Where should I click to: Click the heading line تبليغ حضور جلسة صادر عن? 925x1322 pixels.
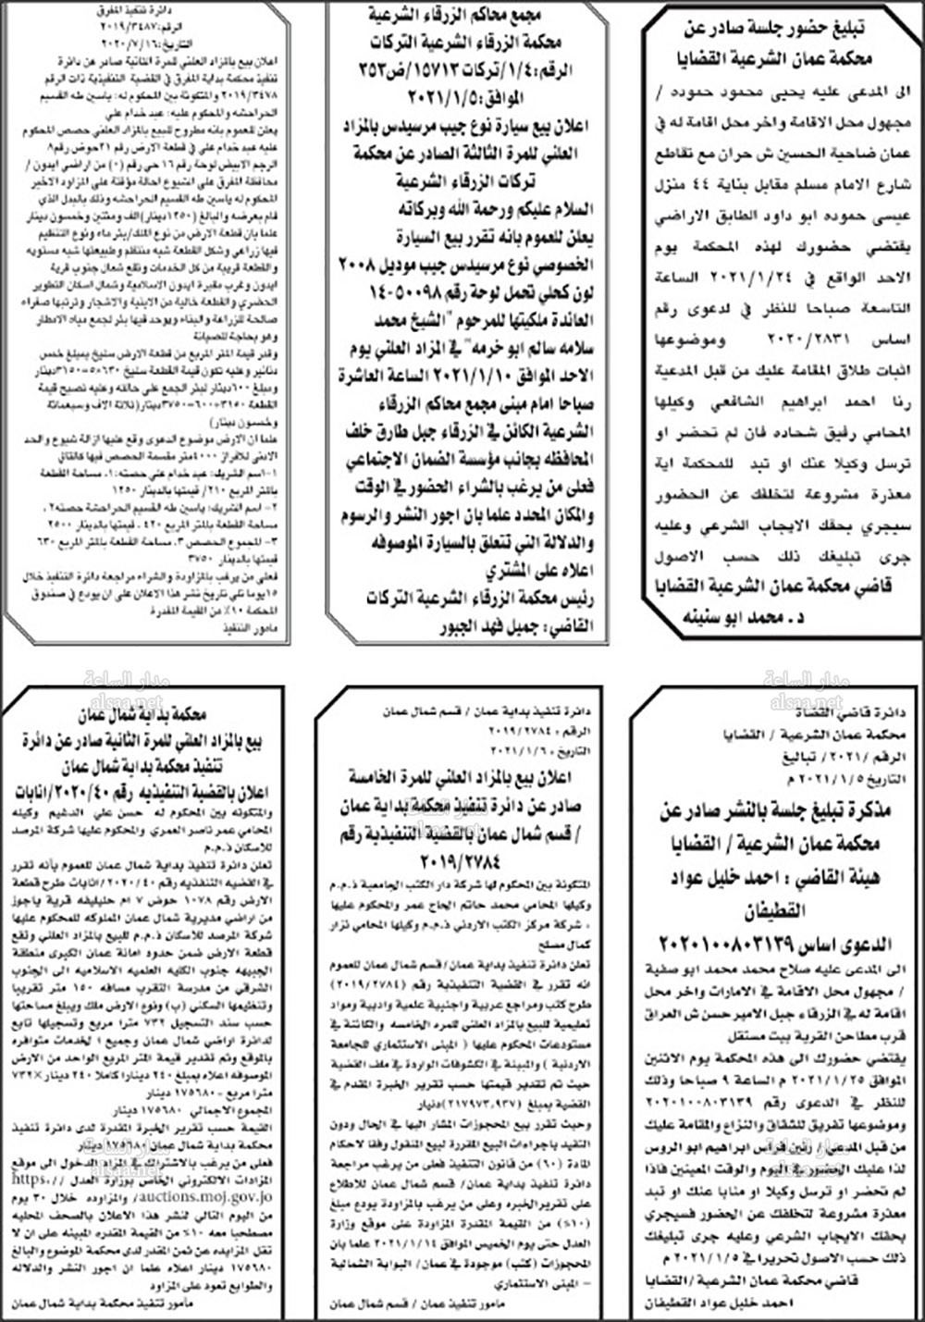[x=783, y=24]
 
